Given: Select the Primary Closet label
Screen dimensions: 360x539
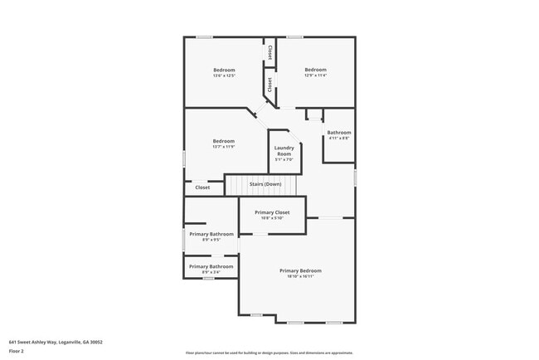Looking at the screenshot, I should (272, 212).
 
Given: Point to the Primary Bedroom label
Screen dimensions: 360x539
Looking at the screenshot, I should (300, 270).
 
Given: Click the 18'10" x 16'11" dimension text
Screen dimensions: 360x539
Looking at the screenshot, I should (300, 277).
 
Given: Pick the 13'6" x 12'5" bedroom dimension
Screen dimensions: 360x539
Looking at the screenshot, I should (224, 76).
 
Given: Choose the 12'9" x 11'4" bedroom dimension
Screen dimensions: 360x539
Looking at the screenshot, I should (315, 76).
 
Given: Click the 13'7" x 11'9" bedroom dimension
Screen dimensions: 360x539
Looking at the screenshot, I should (224, 148).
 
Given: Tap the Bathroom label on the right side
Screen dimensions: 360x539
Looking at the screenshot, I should (339, 133).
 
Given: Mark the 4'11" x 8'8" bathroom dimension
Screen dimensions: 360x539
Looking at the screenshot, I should (339, 139).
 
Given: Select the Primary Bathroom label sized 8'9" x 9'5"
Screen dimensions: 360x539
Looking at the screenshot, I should (211, 234).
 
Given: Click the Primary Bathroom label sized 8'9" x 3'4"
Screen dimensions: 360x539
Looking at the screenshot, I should (211, 265).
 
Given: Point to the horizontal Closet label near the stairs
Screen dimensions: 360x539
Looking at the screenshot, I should (202, 187).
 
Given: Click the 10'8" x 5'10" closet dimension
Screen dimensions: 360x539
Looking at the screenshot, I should (272, 218).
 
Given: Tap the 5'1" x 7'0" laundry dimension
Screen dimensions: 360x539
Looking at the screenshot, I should (284, 161).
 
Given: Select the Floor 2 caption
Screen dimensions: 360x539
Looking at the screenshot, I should (17, 351).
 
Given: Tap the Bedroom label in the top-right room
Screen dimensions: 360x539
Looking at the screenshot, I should (315, 70).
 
